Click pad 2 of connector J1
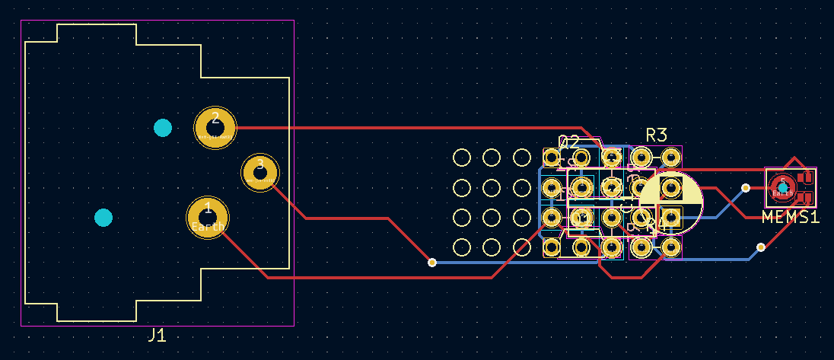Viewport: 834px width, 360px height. coord(215,127)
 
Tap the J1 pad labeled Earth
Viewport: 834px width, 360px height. coord(208,217)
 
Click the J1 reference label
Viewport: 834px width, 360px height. coord(157,336)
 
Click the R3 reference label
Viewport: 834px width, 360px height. coord(656,135)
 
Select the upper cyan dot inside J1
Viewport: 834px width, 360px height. coord(163,127)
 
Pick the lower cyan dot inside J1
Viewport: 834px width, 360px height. coord(103,218)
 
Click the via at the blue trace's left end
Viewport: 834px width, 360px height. coord(432,263)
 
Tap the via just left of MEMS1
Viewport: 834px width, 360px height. coord(746,187)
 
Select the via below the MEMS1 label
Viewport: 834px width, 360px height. coord(761,247)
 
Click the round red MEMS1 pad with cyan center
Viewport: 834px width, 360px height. coord(782,186)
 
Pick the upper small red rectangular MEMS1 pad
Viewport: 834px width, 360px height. coord(806,177)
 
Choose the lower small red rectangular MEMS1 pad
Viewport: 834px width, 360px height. coord(806,198)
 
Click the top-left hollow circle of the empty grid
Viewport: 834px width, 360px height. coord(461,158)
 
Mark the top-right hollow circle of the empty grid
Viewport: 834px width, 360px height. coord(521,158)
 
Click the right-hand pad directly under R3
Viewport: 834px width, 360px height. coord(670,158)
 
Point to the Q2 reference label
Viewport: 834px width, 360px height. coord(569,142)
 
